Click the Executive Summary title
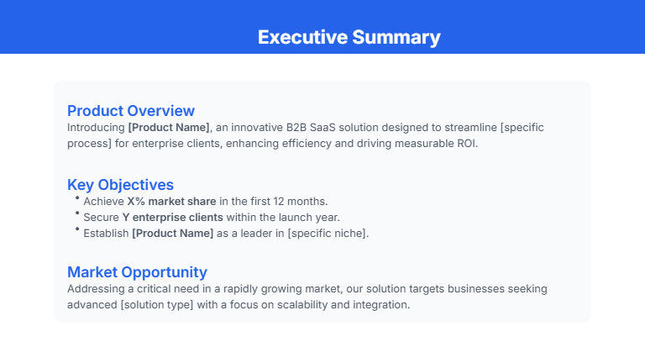(x=349, y=38)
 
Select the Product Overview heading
(x=131, y=111)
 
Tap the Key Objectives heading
(x=120, y=185)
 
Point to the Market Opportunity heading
(x=137, y=272)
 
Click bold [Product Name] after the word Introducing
(x=169, y=128)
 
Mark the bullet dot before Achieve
(x=76, y=198)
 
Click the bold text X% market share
(x=171, y=202)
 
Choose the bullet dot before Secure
(x=76, y=214)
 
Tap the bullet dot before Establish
(x=76, y=229)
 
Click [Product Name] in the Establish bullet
(x=172, y=233)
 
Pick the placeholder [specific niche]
(x=327, y=233)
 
